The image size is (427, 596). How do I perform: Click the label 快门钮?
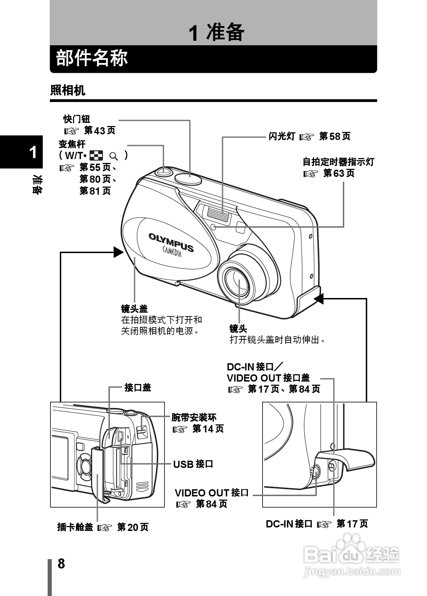point(76,119)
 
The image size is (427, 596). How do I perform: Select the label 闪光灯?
point(282,136)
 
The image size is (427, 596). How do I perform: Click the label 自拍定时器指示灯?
point(338,162)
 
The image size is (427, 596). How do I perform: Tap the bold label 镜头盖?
point(134,309)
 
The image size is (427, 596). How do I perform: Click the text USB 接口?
point(193,464)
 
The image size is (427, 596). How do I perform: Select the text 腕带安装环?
point(194,417)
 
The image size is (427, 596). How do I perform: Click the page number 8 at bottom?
point(61,563)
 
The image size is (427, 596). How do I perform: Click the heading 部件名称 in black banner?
point(92,58)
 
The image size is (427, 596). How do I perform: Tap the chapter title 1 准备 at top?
point(216,33)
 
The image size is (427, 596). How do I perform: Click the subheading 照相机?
point(67,91)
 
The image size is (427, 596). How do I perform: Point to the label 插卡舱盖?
point(75,527)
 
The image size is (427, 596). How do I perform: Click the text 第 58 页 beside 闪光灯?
point(335,136)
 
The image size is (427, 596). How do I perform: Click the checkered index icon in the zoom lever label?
point(96,155)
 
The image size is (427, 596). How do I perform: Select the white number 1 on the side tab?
point(33,152)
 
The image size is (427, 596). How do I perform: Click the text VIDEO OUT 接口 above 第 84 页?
point(211,493)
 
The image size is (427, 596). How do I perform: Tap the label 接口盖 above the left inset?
point(138,387)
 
